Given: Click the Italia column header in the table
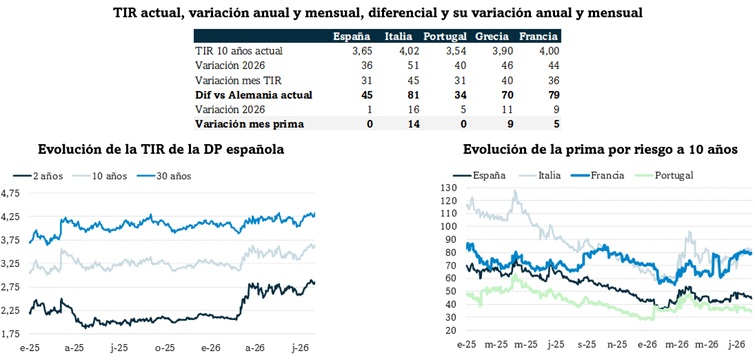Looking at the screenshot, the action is (x=397, y=37).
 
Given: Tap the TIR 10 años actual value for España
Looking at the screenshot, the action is (x=360, y=51).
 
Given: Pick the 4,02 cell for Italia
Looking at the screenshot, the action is (x=409, y=51).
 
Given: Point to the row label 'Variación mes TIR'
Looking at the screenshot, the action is (x=233, y=80).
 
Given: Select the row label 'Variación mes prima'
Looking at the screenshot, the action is (x=249, y=124).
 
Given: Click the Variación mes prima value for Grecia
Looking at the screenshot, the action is (x=510, y=124).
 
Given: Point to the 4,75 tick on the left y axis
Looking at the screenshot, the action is (x=10, y=193).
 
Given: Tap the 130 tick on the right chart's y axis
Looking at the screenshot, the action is (x=447, y=187).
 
